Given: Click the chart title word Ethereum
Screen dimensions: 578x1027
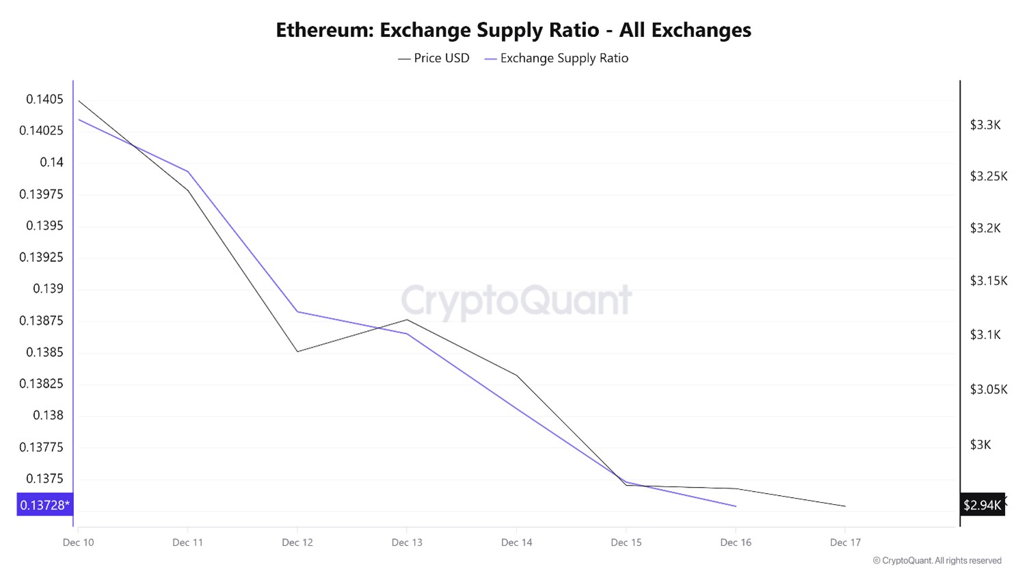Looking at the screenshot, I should (324, 30).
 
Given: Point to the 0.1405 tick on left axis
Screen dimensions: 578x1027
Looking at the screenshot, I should (44, 99).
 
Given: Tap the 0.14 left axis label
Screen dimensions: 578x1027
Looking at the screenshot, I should (51, 162).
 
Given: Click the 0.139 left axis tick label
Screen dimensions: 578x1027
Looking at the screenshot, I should (48, 289).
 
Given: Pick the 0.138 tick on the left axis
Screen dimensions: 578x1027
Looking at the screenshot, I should (48, 415).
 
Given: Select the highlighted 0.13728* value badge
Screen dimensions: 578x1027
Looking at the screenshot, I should (44, 505).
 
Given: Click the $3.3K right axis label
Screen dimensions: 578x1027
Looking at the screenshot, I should (985, 124).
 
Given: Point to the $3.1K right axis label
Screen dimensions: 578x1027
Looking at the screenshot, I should (985, 334).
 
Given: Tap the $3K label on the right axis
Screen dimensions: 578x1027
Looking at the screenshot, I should (980, 445).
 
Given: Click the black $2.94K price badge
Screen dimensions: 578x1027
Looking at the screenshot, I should (982, 505).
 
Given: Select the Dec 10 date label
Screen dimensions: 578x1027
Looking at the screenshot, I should (78, 542).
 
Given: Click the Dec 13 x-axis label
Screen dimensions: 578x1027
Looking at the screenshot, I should (407, 542).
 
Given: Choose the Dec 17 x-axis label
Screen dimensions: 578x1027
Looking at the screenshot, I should (845, 542).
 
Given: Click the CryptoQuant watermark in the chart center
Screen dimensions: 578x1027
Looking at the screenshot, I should (516, 300).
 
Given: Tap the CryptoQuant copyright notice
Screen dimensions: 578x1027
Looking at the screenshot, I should (937, 561).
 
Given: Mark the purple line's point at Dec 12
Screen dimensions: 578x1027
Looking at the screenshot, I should (297, 312).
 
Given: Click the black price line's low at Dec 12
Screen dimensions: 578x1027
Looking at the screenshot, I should (297, 352).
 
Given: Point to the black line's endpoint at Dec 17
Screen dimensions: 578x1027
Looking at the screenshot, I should (845, 506).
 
